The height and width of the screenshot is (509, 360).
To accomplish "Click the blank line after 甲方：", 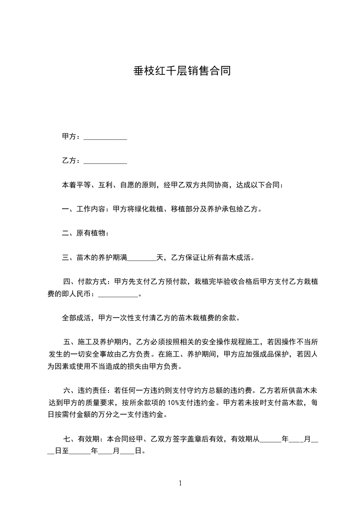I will (105, 137).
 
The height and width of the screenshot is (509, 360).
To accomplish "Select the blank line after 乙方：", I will (105, 161).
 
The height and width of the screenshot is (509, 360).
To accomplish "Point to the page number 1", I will (180, 483).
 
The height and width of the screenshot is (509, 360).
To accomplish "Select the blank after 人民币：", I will (118, 294).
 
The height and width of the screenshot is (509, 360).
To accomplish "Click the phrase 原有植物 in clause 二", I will (91, 234).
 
